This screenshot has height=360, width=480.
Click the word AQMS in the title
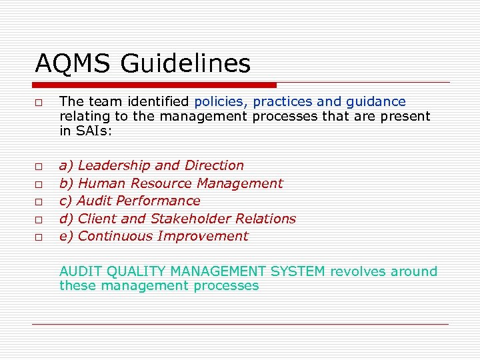73,64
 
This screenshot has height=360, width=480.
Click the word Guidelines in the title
186,64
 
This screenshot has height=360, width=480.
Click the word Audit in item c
95,201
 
